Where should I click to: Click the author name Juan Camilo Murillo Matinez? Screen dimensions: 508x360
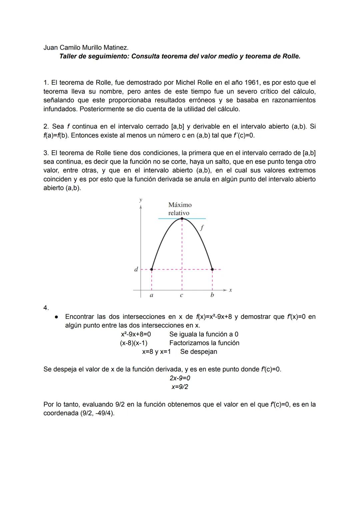tap(86, 48)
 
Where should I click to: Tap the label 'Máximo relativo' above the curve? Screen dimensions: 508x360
tap(180, 209)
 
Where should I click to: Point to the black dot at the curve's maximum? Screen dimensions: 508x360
tap(182, 219)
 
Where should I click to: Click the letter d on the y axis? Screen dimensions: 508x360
tap(136, 269)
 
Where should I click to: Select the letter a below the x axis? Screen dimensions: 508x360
tap(151, 295)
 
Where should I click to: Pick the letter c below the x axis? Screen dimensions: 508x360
tap(181, 295)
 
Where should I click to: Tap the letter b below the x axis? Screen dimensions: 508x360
tap(212, 295)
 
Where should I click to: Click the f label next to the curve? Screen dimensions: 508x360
tap(202, 228)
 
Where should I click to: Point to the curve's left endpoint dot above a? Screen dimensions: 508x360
tap(152, 269)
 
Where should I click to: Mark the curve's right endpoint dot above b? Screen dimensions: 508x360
tap(212, 269)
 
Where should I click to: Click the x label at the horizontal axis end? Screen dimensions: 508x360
tap(230, 290)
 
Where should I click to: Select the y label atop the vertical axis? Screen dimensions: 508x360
tap(141, 200)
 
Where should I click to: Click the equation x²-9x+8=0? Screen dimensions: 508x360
tap(136, 334)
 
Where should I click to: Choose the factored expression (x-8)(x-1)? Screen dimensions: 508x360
tap(134, 343)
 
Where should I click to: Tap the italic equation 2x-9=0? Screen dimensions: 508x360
tap(180, 378)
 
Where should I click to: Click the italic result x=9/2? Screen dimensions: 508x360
tap(180, 387)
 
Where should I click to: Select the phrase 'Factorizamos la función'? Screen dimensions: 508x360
tap(204, 343)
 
